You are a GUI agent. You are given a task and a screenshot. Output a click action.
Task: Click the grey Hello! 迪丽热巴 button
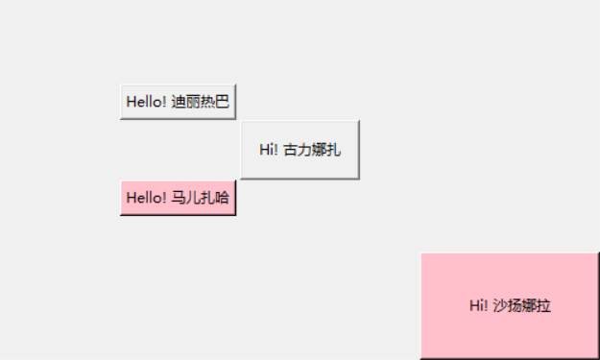pyautogui.click(x=178, y=102)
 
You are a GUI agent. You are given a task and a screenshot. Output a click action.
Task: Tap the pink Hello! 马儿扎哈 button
pyautogui.click(x=178, y=198)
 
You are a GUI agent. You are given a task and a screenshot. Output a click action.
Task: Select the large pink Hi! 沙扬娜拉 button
pyautogui.click(x=509, y=305)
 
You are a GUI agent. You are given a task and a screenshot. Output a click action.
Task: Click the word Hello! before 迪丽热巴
pyautogui.click(x=147, y=102)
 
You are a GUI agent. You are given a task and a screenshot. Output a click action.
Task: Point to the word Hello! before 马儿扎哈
pyautogui.click(x=147, y=198)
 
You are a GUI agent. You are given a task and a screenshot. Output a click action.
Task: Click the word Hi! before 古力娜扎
pyautogui.click(x=269, y=149)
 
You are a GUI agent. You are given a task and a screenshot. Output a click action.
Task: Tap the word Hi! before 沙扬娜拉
pyautogui.click(x=479, y=305)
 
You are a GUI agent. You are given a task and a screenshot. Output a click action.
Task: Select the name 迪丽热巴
pyautogui.click(x=201, y=102)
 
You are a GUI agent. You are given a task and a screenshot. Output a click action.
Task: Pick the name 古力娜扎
pyautogui.click(x=312, y=149)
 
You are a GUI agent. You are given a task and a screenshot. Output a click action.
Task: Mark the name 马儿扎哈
pyautogui.click(x=201, y=198)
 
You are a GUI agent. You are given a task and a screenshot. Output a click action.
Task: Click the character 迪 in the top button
pyautogui.click(x=179, y=102)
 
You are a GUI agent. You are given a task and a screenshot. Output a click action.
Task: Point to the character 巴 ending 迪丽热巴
pyautogui.click(x=223, y=102)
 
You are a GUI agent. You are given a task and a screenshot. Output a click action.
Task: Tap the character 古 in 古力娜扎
pyautogui.click(x=290, y=149)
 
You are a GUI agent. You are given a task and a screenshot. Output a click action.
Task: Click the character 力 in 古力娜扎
pyautogui.click(x=304, y=149)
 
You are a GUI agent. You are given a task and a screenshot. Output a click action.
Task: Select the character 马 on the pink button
pyautogui.click(x=179, y=198)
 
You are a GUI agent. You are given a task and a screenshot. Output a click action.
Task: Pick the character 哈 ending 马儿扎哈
pyautogui.click(x=223, y=198)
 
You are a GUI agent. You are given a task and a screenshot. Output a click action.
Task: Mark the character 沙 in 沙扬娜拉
pyautogui.click(x=500, y=305)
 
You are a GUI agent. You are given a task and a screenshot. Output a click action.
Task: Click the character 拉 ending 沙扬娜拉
pyautogui.click(x=544, y=305)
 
